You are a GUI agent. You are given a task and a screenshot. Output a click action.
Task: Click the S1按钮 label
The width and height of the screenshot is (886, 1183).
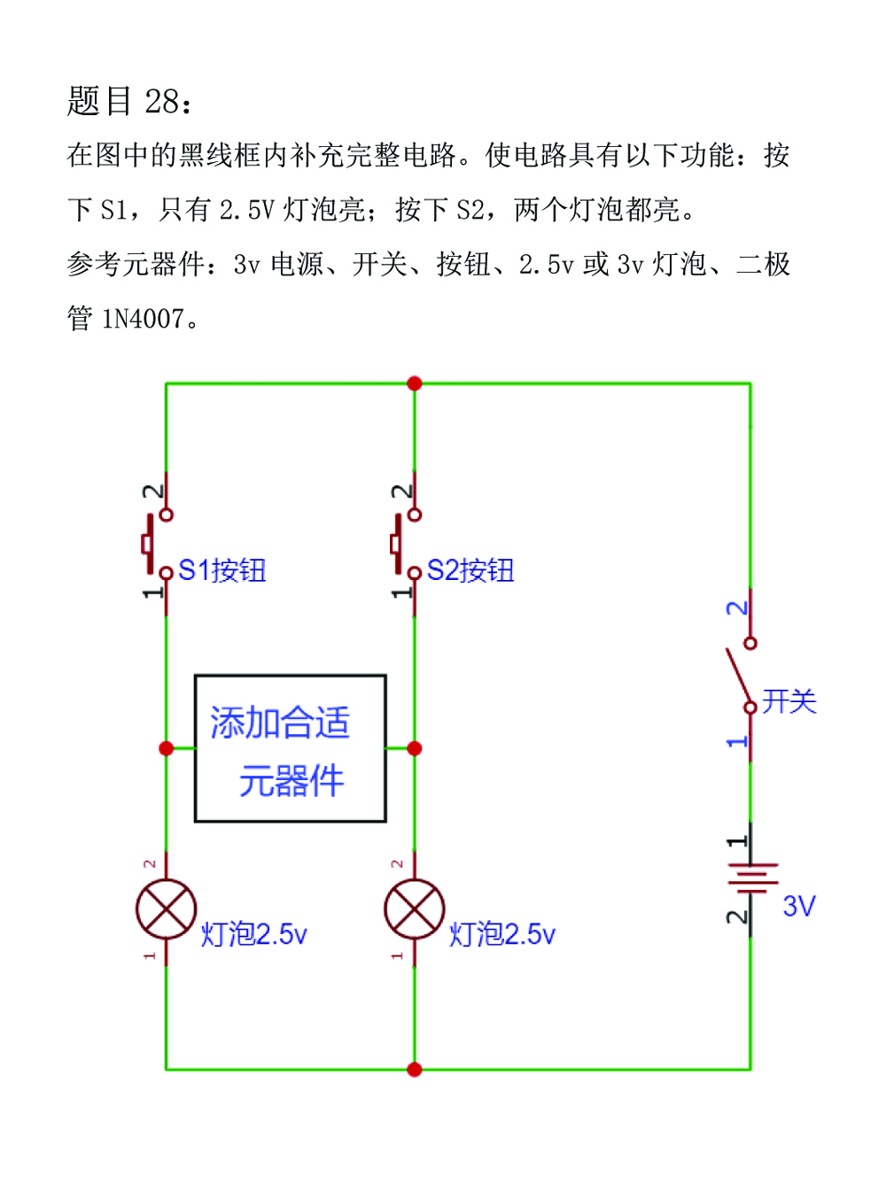point(222,570)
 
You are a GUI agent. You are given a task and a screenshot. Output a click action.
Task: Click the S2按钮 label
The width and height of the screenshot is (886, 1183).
point(470,570)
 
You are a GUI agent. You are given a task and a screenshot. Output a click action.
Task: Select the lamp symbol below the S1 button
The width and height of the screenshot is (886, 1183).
point(166,909)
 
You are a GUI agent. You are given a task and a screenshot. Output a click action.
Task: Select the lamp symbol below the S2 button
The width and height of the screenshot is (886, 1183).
point(414,909)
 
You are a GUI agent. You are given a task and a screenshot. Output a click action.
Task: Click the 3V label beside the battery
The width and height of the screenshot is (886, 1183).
point(799,906)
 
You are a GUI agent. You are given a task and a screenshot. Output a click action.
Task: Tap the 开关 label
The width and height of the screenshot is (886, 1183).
point(789,701)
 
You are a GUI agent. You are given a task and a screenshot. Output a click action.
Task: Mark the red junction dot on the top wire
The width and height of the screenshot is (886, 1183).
point(414,383)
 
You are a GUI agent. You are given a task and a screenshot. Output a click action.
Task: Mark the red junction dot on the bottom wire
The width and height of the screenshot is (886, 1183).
point(414,1070)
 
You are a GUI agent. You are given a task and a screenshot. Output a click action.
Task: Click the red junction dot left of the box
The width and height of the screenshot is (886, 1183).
point(166,748)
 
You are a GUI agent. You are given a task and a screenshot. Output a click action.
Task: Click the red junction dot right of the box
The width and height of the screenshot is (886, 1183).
point(414,748)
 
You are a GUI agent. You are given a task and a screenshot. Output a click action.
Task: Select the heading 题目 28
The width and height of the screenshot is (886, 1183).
point(129,101)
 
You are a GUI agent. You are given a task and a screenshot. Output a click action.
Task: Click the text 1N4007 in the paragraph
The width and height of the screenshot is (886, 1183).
point(143,318)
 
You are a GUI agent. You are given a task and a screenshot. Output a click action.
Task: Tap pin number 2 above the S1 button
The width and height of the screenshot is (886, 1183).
point(152,491)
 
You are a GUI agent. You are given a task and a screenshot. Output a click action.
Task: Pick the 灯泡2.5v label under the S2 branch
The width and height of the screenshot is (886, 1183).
point(501,934)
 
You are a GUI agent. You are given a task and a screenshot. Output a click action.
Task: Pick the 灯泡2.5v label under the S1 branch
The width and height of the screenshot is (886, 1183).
point(253,934)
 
